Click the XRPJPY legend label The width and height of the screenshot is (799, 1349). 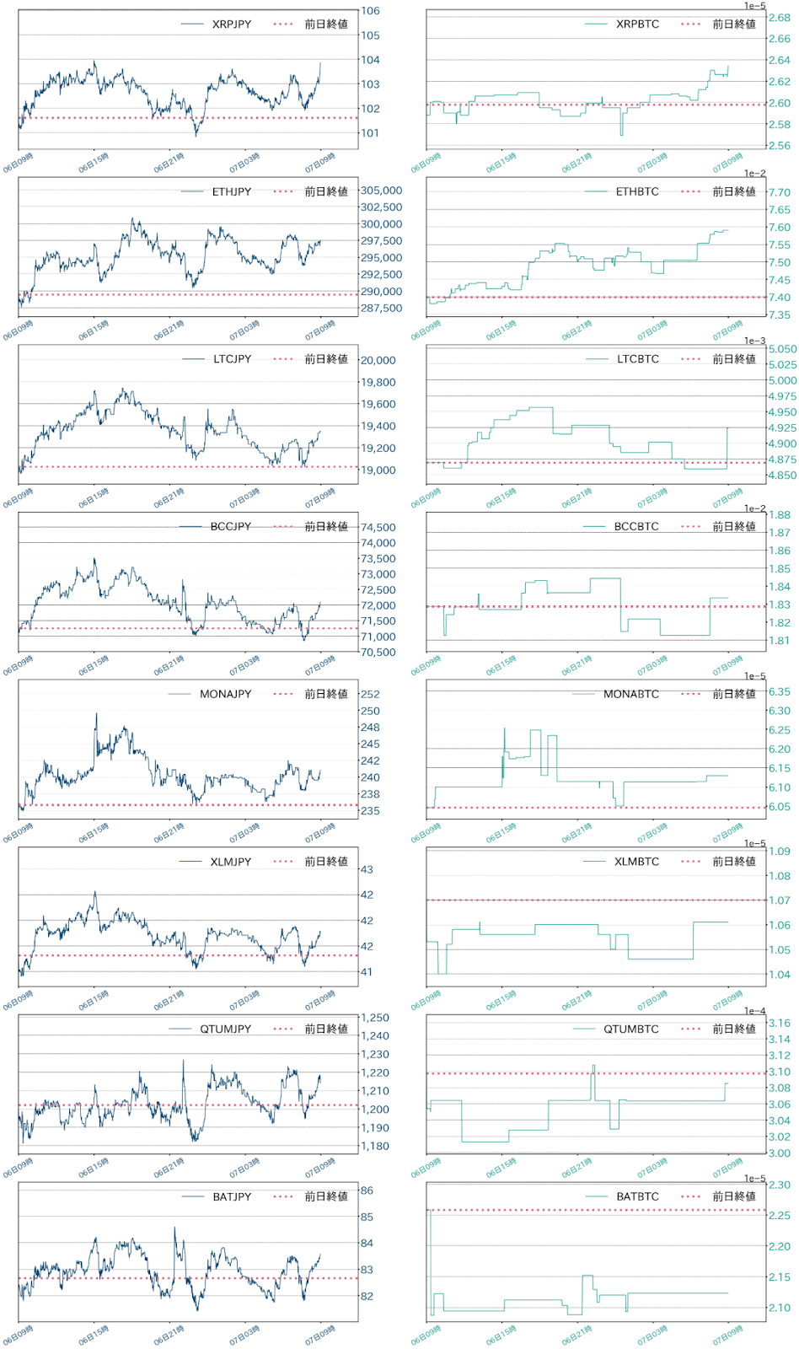pyautogui.click(x=232, y=24)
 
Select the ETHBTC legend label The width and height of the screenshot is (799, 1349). pyautogui.click(x=637, y=191)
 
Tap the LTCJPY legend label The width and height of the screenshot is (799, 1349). pyautogui.click(x=232, y=359)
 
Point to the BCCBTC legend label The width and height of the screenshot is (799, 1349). pyautogui.click(x=636, y=526)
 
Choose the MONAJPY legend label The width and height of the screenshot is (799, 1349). pyautogui.click(x=225, y=694)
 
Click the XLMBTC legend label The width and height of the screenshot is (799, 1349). pyautogui.click(x=636, y=862)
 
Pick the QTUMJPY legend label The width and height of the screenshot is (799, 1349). pyautogui.click(x=225, y=1029)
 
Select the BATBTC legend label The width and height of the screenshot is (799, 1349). pyautogui.click(x=637, y=1196)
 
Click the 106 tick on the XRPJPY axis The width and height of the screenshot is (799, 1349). pyautogui.click(x=370, y=11)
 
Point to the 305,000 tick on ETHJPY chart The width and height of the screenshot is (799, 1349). pyautogui.click(x=381, y=191)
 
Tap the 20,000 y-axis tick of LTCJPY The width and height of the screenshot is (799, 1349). pyautogui.click(x=378, y=360)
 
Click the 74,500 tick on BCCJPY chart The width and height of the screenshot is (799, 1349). pyautogui.click(x=378, y=528)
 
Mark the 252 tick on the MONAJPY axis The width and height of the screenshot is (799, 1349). pyautogui.click(x=370, y=695)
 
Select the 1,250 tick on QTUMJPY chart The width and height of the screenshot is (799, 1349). pyautogui.click(x=375, y=1018)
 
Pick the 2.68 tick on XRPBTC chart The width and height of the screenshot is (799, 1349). pyautogui.click(x=780, y=18)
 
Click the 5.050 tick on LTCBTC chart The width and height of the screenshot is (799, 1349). pyautogui.click(x=782, y=349)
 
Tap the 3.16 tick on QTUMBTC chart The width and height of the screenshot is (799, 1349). pyautogui.click(x=780, y=1024)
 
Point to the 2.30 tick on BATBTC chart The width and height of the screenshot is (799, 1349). pyautogui.click(x=780, y=1185)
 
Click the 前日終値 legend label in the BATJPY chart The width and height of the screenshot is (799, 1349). pyautogui.click(x=326, y=1196)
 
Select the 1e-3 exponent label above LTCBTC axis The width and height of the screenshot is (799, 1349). pyautogui.click(x=755, y=341)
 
